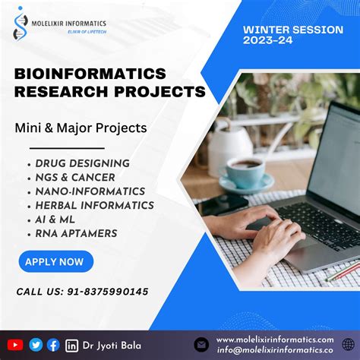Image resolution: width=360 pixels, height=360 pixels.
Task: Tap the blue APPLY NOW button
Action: pos(55,262)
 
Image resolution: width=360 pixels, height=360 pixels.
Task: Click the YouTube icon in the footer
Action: pos(15,345)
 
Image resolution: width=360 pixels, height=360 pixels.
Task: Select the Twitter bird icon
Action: pos(36,345)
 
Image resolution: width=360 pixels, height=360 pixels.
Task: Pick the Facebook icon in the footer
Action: pos(53,345)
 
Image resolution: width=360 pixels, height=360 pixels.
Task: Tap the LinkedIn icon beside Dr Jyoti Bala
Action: pos(72,346)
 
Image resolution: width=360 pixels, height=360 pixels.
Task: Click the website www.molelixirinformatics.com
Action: pos(274,339)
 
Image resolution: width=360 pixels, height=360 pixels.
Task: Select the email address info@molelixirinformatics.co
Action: pos(274,350)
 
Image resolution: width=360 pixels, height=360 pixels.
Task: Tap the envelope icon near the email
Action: pos(201,345)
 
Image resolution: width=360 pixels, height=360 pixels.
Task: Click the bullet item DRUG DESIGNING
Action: pos(82,163)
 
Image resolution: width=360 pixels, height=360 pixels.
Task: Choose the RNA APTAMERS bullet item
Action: pos(76,233)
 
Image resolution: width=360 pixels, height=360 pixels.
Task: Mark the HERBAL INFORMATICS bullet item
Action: pos(94,205)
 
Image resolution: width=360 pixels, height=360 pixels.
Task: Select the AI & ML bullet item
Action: pos(61,219)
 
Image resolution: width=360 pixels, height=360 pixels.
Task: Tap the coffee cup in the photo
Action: pos(245,172)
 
